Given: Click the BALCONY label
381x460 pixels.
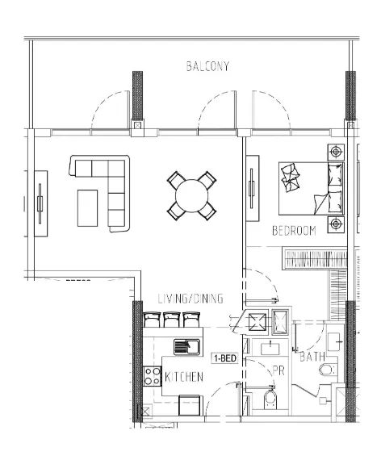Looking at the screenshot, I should (x=207, y=67).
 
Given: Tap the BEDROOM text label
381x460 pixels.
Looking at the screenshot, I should (x=293, y=231).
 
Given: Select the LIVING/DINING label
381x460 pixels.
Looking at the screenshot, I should (x=190, y=298).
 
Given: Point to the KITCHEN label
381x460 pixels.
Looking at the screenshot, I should (x=183, y=377).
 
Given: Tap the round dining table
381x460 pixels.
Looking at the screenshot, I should (x=191, y=194).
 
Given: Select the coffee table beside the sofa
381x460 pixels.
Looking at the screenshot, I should (x=90, y=207).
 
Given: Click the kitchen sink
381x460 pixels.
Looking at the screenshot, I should (x=186, y=346).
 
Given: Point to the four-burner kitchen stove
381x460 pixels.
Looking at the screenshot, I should (x=152, y=376).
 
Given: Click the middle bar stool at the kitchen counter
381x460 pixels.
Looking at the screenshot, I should (x=171, y=320).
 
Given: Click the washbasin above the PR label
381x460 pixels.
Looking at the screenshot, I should (x=269, y=349).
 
